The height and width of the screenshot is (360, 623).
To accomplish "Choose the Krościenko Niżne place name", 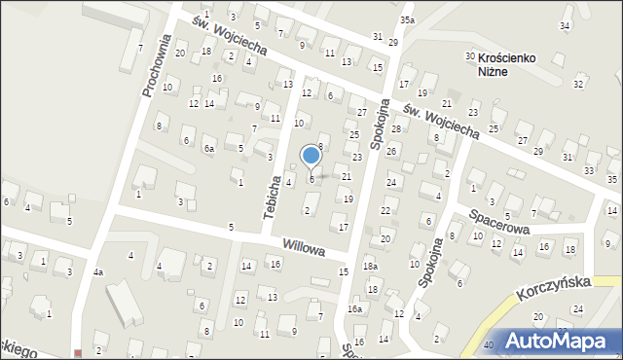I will coord(508,64).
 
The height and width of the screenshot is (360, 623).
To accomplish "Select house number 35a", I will coord(407,19).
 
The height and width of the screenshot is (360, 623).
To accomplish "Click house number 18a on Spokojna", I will coord(370,267).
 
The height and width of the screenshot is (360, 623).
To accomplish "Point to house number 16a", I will coord(355,308).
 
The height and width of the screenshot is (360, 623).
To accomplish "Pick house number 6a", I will coord(208,149).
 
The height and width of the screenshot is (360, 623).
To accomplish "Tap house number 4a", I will coord(98,272).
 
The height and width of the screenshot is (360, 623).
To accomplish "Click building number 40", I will coord(488,344).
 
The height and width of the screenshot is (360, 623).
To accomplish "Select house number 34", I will coord(565,25).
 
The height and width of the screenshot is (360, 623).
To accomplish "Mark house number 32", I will coord(578,84).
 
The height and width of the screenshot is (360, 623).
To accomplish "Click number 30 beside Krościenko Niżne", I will coord(469,57).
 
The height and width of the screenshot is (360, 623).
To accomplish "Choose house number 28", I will coord(396,129).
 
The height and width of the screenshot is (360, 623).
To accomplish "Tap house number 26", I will coord(391,152).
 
